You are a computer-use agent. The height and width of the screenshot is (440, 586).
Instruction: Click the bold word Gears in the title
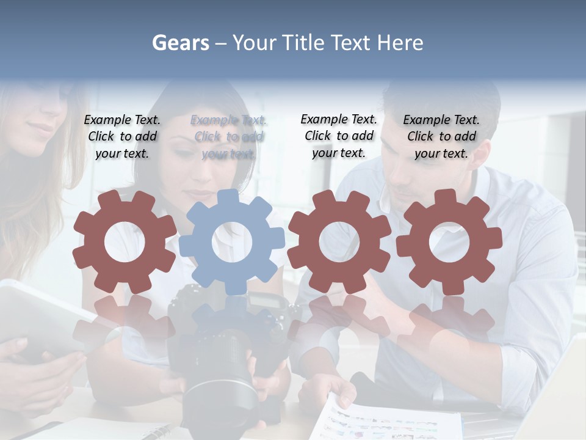[180, 43]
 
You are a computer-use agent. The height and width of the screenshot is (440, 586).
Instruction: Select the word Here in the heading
[400, 43]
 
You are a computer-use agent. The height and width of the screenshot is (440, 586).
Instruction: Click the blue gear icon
[232, 241]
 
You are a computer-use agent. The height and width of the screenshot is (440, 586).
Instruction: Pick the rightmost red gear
[449, 241]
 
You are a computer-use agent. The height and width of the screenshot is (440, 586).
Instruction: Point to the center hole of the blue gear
[232, 242]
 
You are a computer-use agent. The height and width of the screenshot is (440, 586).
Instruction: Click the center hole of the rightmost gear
[449, 242]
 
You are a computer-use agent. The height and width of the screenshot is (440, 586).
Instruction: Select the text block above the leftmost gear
[122, 136]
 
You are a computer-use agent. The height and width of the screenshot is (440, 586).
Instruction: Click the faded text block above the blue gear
[229, 136]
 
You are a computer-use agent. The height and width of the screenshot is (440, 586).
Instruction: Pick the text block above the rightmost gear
[441, 136]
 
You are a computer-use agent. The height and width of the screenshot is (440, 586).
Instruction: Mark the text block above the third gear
[339, 136]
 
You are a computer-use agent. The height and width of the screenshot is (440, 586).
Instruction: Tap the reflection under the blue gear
[232, 318]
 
